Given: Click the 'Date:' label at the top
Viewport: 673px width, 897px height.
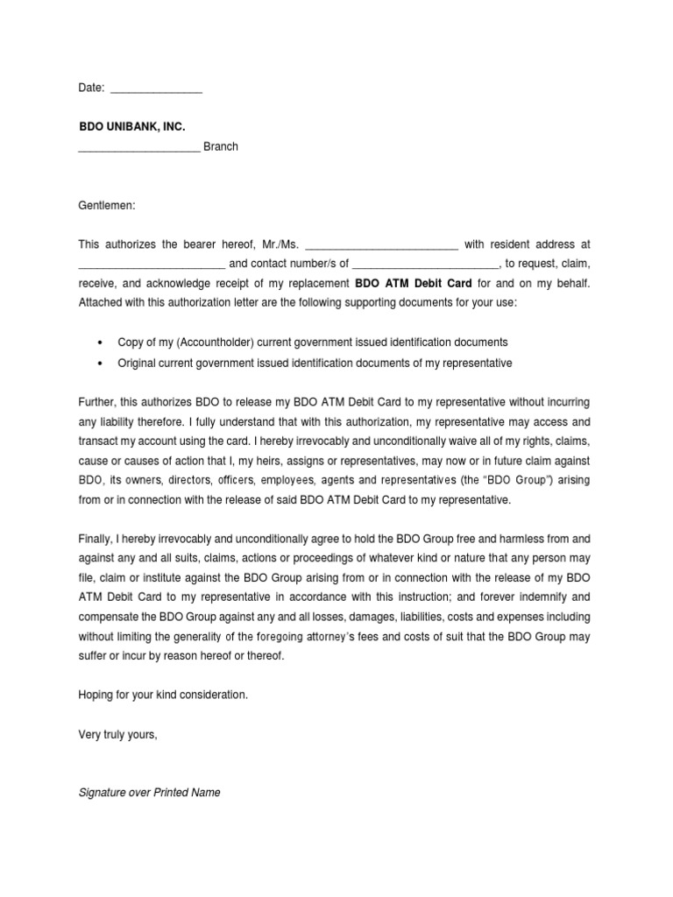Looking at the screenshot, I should [91, 88].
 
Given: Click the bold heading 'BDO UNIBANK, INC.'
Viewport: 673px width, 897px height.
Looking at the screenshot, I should [131, 127].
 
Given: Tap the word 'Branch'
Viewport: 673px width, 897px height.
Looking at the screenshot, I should [221, 147].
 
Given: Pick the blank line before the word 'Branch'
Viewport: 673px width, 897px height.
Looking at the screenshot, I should [138, 150].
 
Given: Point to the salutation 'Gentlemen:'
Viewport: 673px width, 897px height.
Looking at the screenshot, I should [107, 205].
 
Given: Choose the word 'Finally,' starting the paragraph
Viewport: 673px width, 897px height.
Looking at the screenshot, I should [97, 539].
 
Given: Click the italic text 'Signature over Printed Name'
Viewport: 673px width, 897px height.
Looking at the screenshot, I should [149, 793].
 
